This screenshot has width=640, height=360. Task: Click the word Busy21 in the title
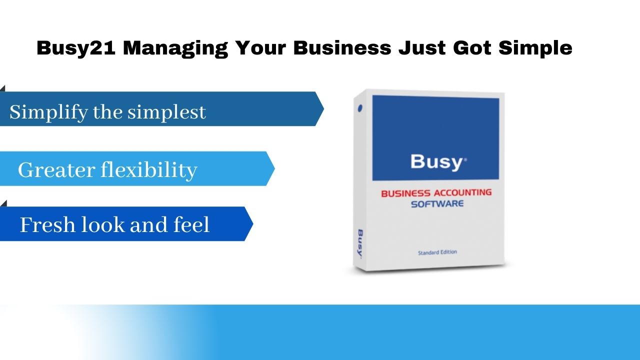tap(76, 48)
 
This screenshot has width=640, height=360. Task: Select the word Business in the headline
tap(342, 47)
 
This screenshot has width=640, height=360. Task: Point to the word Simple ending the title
tap(535, 48)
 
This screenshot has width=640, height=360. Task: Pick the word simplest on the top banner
tap(166, 112)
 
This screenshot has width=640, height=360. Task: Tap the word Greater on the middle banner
tap(56, 170)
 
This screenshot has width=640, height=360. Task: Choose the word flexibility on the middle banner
tap(149, 170)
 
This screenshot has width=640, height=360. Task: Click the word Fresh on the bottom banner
tap(47, 225)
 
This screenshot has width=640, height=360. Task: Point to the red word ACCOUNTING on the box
tap(463, 192)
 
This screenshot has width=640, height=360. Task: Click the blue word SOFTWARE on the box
tap(437, 204)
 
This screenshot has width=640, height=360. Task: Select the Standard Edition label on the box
tap(437, 252)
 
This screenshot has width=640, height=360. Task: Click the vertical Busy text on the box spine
tap(360, 244)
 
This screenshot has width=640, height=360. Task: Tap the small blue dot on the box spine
tap(360, 108)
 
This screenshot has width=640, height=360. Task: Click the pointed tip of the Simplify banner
tap(323, 108)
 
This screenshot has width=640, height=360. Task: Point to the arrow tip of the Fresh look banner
tap(253, 223)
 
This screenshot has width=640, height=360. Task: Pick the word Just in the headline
tap(422, 47)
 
